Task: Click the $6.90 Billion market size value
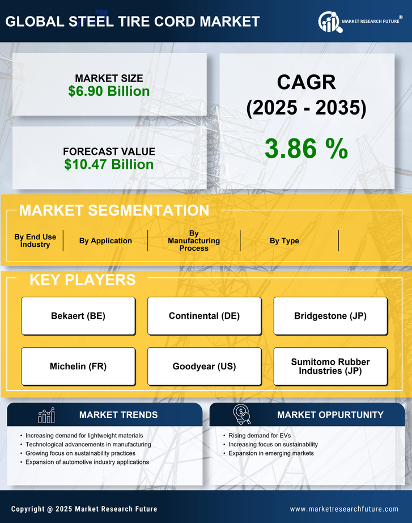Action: click(109, 91)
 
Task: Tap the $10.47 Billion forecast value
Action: click(109, 165)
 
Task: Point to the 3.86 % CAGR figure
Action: click(306, 149)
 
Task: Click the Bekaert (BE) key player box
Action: click(78, 316)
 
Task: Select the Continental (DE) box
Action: click(205, 316)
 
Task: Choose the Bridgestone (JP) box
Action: click(330, 316)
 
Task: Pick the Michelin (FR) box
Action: click(78, 366)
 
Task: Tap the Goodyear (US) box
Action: click(205, 366)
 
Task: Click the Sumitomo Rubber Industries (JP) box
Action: click(330, 366)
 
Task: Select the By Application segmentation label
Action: click(105, 241)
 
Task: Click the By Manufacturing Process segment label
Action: click(194, 241)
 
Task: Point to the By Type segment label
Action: click(284, 241)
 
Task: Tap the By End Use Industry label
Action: click(35, 241)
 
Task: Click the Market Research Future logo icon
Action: click(329, 22)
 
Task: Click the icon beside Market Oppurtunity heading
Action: click(242, 415)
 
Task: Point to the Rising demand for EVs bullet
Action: click(252, 436)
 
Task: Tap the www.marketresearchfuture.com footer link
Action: click(344, 509)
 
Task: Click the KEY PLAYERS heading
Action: click(82, 280)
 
